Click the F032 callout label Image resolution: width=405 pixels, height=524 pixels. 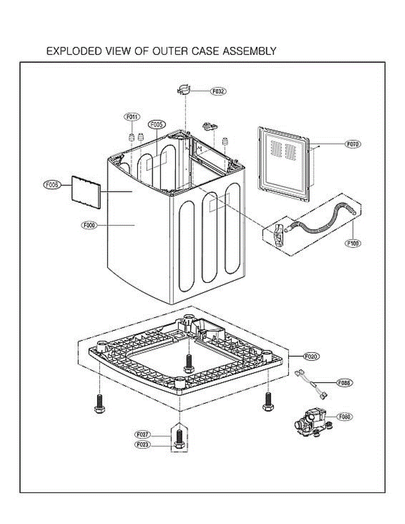point(219,92)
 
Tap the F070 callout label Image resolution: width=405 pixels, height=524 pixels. point(353,144)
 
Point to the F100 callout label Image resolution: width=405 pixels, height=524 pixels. point(353,244)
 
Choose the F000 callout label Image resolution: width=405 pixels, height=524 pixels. point(89,225)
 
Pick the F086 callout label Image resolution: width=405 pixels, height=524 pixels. point(344,383)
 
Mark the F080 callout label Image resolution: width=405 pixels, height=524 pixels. point(344,417)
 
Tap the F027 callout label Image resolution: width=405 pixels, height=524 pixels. point(143,435)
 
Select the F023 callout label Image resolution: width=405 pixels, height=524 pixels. point(143,445)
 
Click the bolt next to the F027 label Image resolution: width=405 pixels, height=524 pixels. point(179,439)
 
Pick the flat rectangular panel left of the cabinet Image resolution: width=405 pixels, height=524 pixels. point(86,191)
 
